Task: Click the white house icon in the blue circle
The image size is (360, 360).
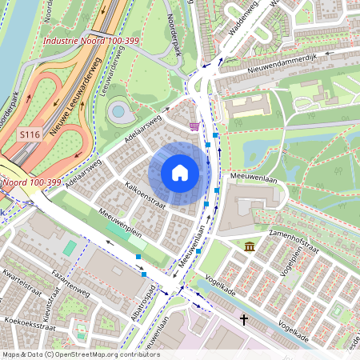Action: pyautogui.click(x=180, y=172)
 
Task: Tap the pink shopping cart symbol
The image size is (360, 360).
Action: pyautogui.click(x=194, y=126)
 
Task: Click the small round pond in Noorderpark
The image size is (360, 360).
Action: pyautogui.click(x=120, y=111)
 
